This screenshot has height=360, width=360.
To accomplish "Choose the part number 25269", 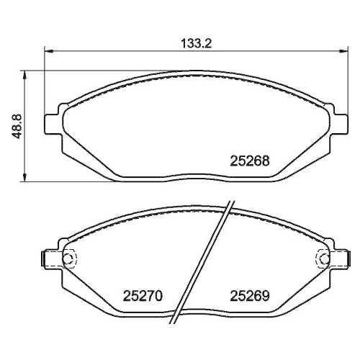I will coord(249,295).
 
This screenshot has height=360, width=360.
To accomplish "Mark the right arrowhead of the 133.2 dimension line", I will coord(342,51).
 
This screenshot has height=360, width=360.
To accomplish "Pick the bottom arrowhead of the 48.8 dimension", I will coord(27,177).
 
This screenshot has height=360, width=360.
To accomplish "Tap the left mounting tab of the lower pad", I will coord(50,258).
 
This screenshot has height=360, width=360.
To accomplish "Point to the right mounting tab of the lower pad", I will coord(341,258).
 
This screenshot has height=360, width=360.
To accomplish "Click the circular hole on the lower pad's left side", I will coord(69,258).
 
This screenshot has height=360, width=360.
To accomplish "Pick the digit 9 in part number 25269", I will coord(266,295).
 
